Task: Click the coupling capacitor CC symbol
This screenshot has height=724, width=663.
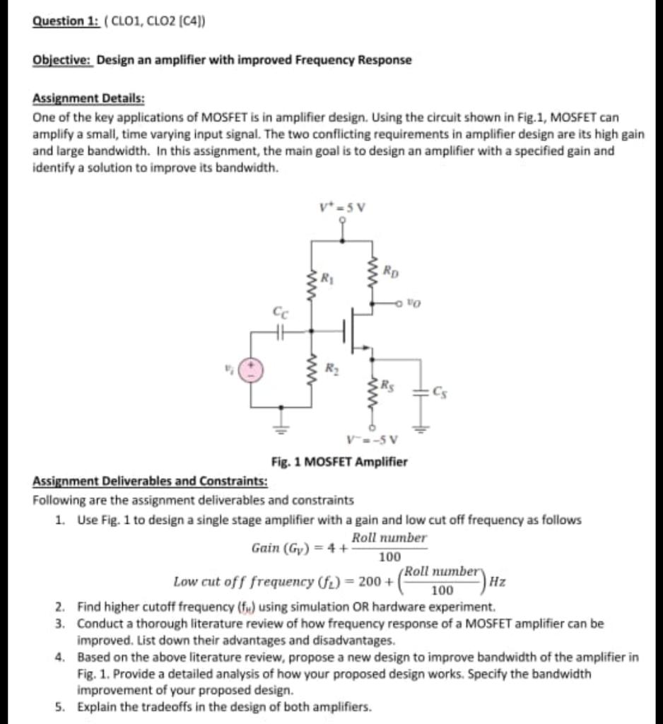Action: [x=281, y=329]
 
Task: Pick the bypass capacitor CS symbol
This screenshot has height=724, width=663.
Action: [x=421, y=393]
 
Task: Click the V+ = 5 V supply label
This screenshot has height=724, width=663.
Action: [x=342, y=208]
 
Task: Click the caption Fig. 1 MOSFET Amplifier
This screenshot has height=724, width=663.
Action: [x=339, y=462]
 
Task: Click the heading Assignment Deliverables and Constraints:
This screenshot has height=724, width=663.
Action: [x=150, y=481]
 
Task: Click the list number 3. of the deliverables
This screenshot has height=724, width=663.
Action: [x=61, y=624]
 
